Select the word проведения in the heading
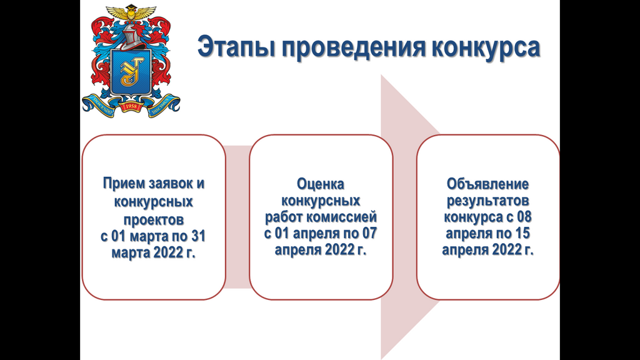(x=352, y=47)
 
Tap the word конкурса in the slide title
(x=486, y=47)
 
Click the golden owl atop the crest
(x=131, y=12)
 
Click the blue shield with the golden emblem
(x=131, y=72)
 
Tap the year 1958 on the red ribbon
(x=131, y=106)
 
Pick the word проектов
(x=154, y=220)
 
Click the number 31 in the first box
(x=198, y=236)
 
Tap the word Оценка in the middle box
(x=321, y=184)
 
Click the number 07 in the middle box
(x=369, y=234)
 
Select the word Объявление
(x=487, y=184)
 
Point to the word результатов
(x=487, y=201)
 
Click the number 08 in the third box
(x=524, y=217)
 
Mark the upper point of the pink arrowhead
(x=381, y=75)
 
